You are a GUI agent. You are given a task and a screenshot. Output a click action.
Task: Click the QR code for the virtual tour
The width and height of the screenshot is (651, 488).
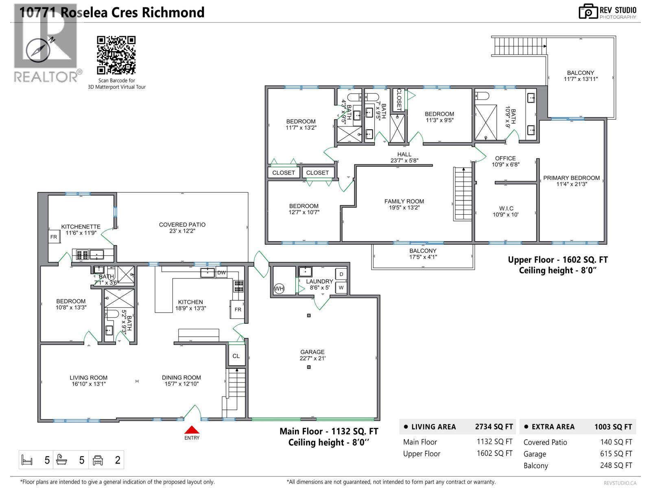[116, 55]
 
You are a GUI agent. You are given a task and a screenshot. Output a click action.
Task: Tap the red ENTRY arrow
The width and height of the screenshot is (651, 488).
[192, 430]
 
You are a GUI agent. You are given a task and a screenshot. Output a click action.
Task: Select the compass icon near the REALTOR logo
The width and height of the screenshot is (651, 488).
[38, 50]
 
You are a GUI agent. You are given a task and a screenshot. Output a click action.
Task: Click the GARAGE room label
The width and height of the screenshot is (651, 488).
[312, 352]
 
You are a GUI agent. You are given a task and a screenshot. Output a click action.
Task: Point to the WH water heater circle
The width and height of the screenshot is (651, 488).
[279, 289]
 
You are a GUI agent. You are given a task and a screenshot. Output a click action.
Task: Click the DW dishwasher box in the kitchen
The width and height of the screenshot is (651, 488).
[221, 273]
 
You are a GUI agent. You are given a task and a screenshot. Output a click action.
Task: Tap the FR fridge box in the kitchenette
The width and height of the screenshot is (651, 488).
[54, 237]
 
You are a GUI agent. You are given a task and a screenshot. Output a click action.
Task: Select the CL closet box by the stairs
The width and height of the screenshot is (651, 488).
[236, 356]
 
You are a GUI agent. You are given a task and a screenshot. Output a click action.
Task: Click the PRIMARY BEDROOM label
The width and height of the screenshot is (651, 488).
[571, 178]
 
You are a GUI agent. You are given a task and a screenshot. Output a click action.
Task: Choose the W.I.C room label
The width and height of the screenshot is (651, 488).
[506, 209]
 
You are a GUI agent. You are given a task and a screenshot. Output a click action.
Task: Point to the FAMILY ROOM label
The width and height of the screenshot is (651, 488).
[404, 201]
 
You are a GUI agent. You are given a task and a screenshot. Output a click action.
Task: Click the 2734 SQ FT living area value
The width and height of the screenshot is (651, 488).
[494, 427]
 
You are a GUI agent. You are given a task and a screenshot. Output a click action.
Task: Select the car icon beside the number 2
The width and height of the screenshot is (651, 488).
[98, 460]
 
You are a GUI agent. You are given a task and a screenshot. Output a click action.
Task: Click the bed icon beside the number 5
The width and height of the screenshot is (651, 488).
[27, 460]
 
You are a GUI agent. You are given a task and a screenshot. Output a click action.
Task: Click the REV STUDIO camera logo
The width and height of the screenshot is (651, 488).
[588, 11]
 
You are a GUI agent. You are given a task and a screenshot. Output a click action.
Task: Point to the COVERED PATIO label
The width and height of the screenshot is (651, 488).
[182, 224]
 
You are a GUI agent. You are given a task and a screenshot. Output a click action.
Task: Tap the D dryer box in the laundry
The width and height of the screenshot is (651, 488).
[341, 274]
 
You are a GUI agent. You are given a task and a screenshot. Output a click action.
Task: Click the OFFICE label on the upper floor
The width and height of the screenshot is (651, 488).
[505, 159]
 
